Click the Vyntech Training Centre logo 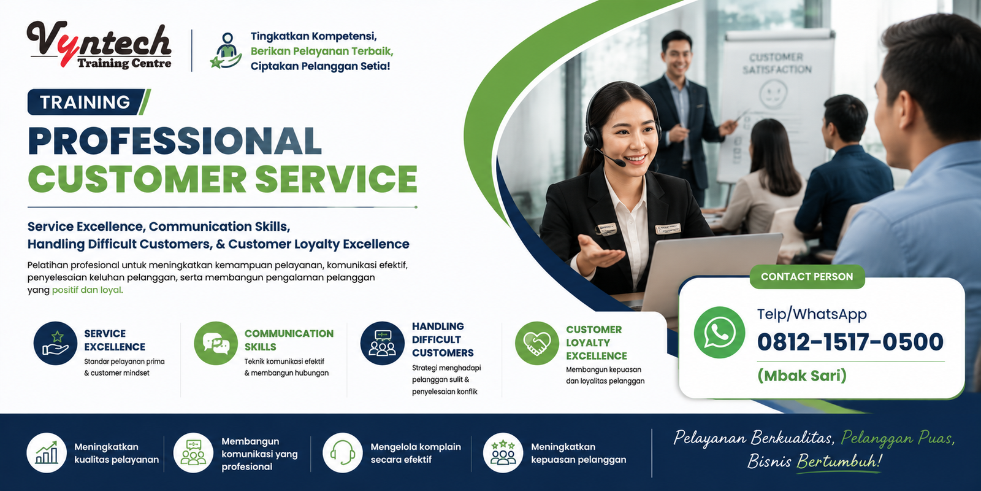tap(99, 45)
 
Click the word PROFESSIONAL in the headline tap(175, 141)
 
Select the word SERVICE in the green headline tap(336, 179)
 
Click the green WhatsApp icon tap(719, 332)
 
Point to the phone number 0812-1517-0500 tap(850, 342)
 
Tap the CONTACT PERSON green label tap(807, 277)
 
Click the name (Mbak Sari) tap(802, 376)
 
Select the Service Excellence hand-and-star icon tap(55, 343)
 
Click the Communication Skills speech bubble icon tap(216, 343)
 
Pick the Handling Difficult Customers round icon tap(383, 343)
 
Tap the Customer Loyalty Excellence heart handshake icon tap(537, 343)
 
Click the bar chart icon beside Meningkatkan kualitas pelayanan tap(47, 453)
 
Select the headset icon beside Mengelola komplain tap(343, 453)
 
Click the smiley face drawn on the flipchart tap(773, 93)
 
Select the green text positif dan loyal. tap(88, 290)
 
